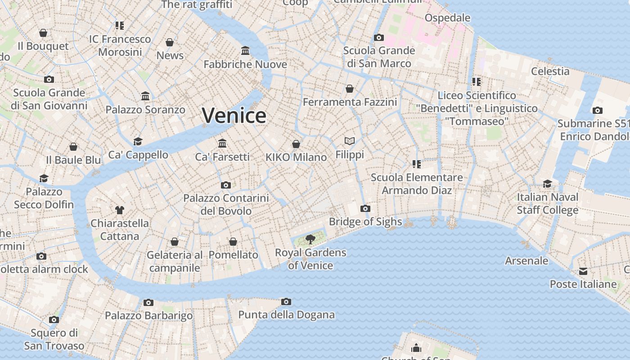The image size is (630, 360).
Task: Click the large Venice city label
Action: pos(234,116)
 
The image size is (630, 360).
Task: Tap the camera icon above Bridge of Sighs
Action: pos(365,208)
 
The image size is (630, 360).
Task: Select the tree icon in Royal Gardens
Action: pos(310,239)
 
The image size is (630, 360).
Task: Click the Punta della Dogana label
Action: pos(286,315)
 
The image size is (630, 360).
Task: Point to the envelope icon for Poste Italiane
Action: pos(583,271)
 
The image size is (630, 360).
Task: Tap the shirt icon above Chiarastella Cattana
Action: pos(119,210)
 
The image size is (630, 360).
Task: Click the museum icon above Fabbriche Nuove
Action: pos(245,50)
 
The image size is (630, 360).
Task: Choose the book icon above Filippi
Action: pos(350,141)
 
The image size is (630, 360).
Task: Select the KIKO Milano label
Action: pos(296,157)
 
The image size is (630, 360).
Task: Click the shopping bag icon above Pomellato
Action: pos(233,242)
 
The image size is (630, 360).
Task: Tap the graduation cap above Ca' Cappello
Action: pos(138,141)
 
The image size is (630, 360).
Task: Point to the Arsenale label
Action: pos(526,261)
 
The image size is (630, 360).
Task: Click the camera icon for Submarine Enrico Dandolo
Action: pos(597,110)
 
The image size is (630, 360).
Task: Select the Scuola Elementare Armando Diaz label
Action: pos(417,184)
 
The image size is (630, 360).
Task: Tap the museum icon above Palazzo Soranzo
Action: pos(145,96)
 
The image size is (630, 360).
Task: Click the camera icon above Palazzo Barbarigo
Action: pos(148,302)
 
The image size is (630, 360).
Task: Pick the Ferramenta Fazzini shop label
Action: pos(350,102)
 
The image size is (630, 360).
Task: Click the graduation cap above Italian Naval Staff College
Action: pos(547,184)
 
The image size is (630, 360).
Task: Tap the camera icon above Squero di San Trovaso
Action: pos(54,319)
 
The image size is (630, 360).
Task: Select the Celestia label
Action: pos(550,71)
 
